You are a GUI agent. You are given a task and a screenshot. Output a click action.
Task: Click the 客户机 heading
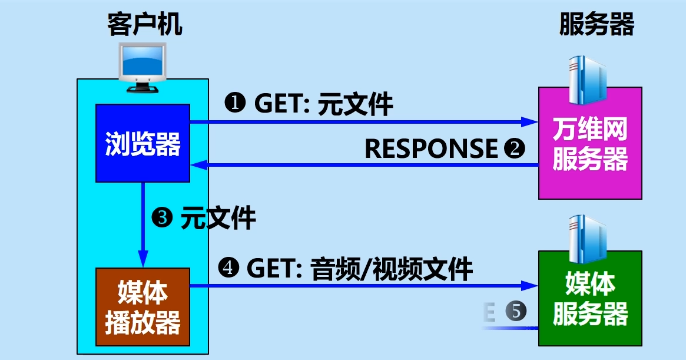(144, 25)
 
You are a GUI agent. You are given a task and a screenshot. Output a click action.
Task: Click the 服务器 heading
(596, 25)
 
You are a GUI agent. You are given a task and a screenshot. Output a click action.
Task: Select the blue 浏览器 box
(142, 143)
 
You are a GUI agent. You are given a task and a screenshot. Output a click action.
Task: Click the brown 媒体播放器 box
(142, 306)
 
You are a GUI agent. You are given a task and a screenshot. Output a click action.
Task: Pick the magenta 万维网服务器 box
(590, 143)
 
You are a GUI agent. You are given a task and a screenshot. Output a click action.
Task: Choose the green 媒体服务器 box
(590, 299)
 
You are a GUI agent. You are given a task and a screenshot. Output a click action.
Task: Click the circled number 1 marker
(236, 104)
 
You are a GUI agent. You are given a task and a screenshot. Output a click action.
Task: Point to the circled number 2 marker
(515, 148)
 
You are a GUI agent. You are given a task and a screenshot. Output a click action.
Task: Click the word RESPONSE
(431, 148)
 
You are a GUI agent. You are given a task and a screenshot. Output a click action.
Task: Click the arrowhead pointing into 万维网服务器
(530, 122)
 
